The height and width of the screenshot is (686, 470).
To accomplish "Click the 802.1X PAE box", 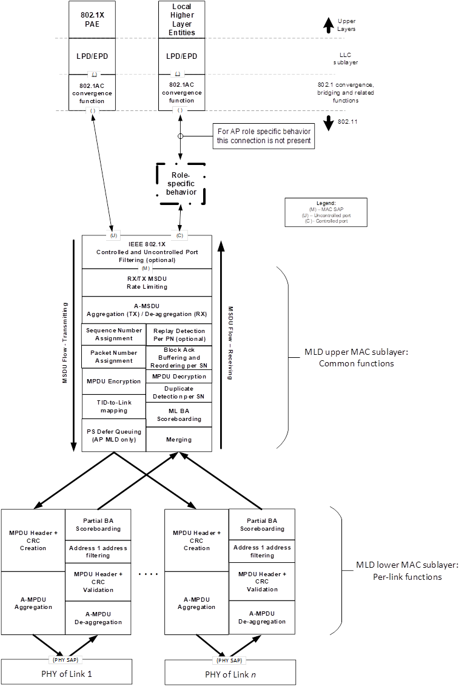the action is click(92, 19).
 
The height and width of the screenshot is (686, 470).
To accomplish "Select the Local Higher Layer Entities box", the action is click(181, 19).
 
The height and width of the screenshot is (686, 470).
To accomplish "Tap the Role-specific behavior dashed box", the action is click(181, 184).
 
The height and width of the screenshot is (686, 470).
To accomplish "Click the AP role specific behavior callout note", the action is click(263, 136).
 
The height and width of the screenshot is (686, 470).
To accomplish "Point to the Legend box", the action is click(326, 212).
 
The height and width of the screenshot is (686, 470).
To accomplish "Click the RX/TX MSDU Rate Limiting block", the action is click(147, 283).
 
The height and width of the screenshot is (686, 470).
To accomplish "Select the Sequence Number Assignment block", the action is click(114, 334).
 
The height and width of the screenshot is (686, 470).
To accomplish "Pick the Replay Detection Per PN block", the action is click(179, 335).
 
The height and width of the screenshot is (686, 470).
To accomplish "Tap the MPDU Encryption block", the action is click(114, 382).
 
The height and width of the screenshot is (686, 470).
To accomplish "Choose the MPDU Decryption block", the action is click(179, 376).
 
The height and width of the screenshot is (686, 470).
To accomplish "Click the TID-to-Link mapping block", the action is click(114, 406).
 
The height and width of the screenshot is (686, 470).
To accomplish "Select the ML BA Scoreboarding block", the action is click(179, 415).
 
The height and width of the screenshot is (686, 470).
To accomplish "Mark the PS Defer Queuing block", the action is click(114, 435).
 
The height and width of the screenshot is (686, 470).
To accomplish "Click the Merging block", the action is click(179, 439).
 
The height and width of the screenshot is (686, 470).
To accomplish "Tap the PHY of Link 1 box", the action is click(67, 672).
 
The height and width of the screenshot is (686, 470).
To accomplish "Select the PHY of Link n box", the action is click(230, 673).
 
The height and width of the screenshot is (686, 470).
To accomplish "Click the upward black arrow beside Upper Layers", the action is click(328, 25).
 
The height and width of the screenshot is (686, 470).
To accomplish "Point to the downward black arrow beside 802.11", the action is click(329, 123).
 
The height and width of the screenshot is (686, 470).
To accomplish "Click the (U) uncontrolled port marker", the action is click(113, 235).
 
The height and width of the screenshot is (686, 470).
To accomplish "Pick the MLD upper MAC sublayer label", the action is click(356, 357).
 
